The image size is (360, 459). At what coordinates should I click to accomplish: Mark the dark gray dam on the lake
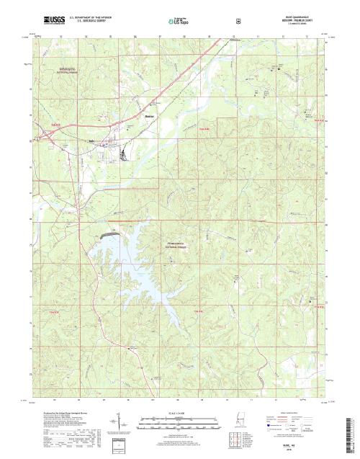coord(112,235)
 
